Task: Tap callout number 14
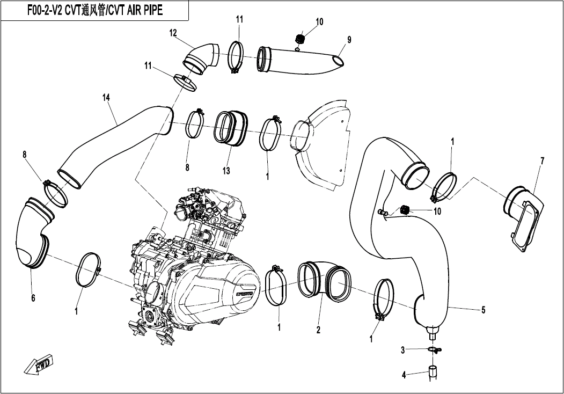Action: tap(106, 97)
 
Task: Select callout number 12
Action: tap(173, 33)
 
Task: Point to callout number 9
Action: tap(349, 39)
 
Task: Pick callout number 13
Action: tap(226, 171)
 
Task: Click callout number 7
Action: tap(542, 160)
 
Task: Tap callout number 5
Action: tap(483, 310)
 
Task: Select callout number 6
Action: tap(33, 298)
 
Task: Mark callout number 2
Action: tap(318, 330)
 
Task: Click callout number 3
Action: tap(403, 351)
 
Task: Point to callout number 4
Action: tap(404, 375)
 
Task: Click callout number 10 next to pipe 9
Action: tap(319, 22)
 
